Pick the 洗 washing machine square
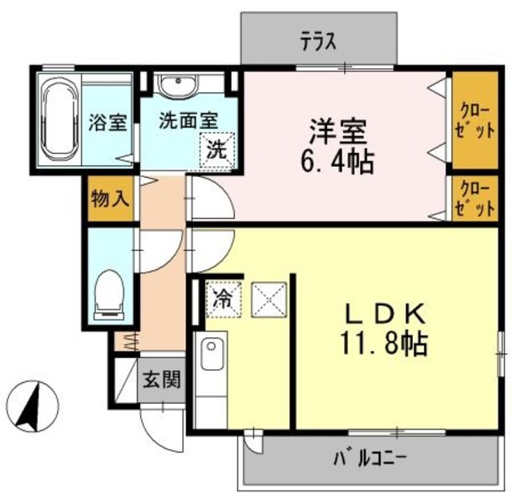pyautogui.click(x=216, y=148)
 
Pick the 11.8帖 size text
pyautogui.click(x=382, y=345)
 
